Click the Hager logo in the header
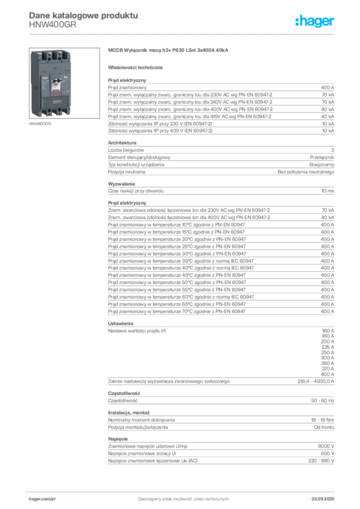tap(314, 21)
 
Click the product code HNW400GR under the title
tap(53, 25)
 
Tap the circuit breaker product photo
tap(64, 83)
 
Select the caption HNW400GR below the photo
tap(40, 124)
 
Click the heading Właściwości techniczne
tap(135, 68)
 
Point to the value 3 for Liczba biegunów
tap(333, 150)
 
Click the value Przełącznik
tap(322, 157)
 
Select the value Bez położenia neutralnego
tap(306, 171)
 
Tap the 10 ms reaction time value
tap(328, 191)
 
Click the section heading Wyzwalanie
tap(121, 184)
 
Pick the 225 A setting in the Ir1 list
tap(328, 347)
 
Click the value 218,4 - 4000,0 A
tap(316, 381)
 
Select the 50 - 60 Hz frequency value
tap(323, 401)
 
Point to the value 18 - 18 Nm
tap(323, 420)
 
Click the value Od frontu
tap(324, 427)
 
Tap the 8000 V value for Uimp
tap(326, 446)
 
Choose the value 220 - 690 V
tap(321, 461)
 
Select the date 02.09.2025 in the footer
tap(323, 499)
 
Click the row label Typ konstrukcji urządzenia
tap(136, 165)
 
